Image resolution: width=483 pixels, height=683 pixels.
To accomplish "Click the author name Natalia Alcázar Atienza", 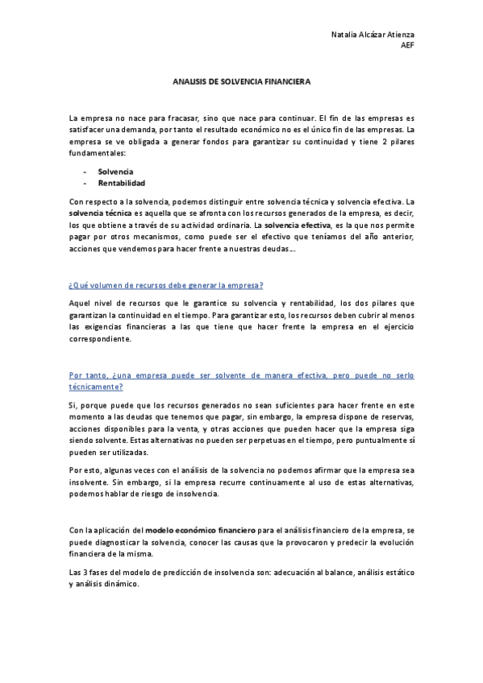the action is pyautogui.click(x=373, y=35).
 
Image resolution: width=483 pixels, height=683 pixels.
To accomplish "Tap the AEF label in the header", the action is pyautogui.click(x=407, y=45).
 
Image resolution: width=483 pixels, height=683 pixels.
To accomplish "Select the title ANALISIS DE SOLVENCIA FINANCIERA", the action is pyautogui.click(x=242, y=82).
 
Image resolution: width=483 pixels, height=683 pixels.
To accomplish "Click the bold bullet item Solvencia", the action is pyautogui.click(x=115, y=172).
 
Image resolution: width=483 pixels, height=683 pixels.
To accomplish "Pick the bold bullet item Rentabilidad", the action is pyautogui.click(x=121, y=183).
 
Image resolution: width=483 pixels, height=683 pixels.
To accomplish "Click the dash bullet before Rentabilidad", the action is pyautogui.click(x=85, y=183).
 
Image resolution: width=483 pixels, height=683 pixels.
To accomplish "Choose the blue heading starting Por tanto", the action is pyautogui.click(x=242, y=375).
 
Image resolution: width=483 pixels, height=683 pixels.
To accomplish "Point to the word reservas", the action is pyautogui.click(x=395, y=417).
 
